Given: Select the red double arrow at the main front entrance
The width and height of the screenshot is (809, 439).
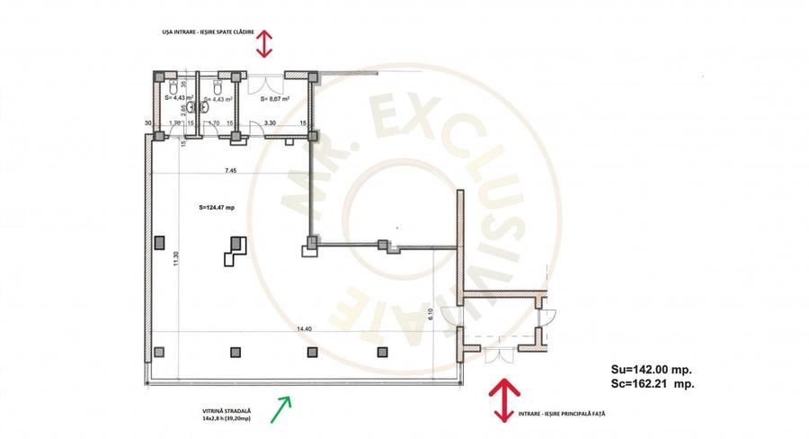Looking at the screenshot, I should pyautogui.click(x=502, y=398).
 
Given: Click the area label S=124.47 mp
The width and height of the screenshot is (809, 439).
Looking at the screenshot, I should pyautogui.click(x=216, y=207).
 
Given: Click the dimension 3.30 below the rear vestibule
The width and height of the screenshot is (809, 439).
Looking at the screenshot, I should pyautogui.click(x=270, y=123).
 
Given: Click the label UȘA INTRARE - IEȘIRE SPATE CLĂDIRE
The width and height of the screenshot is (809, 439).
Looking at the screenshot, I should pyautogui.click(x=203, y=32).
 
